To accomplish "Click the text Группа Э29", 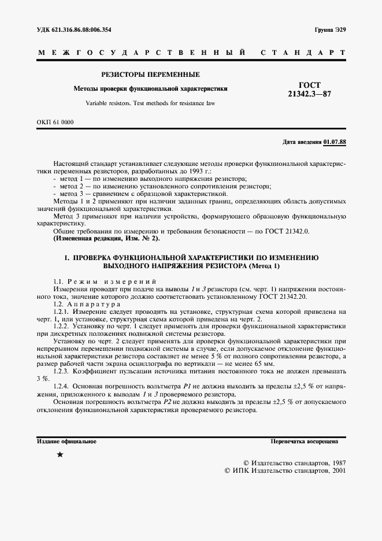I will (x=330, y=29).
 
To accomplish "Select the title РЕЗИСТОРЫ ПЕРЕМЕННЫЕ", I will (x=150, y=75).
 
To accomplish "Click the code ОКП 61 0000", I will (x=55, y=122).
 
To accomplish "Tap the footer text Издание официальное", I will (x=66, y=441).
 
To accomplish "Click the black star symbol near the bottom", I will (x=60, y=455).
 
